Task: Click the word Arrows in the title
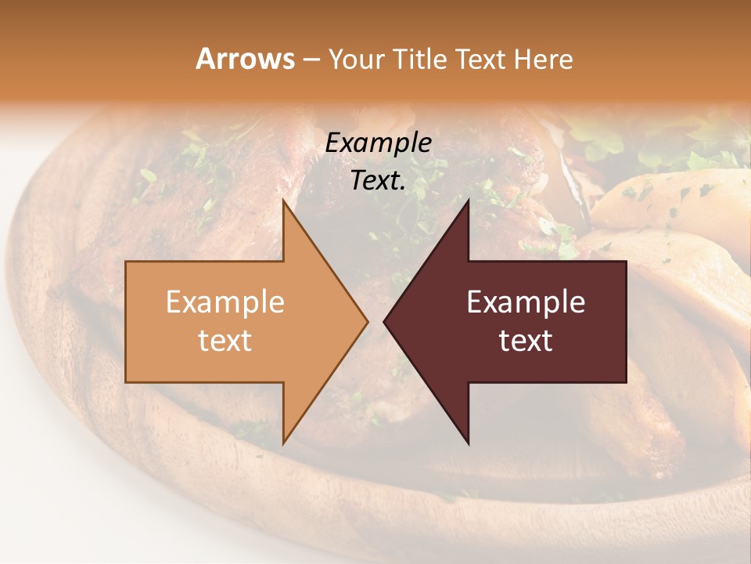click(246, 59)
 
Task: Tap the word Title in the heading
click(423, 60)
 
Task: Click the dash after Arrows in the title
click(311, 60)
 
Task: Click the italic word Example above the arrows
click(378, 143)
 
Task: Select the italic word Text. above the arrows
click(378, 181)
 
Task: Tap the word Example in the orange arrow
click(225, 302)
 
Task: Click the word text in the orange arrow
click(225, 341)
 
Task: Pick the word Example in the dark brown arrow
click(526, 302)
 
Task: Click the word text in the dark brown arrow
click(526, 341)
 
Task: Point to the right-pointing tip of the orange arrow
click(368, 321)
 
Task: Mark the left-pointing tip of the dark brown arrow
click(383, 321)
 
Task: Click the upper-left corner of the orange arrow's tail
click(126, 261)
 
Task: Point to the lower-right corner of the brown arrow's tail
click(626, 382)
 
